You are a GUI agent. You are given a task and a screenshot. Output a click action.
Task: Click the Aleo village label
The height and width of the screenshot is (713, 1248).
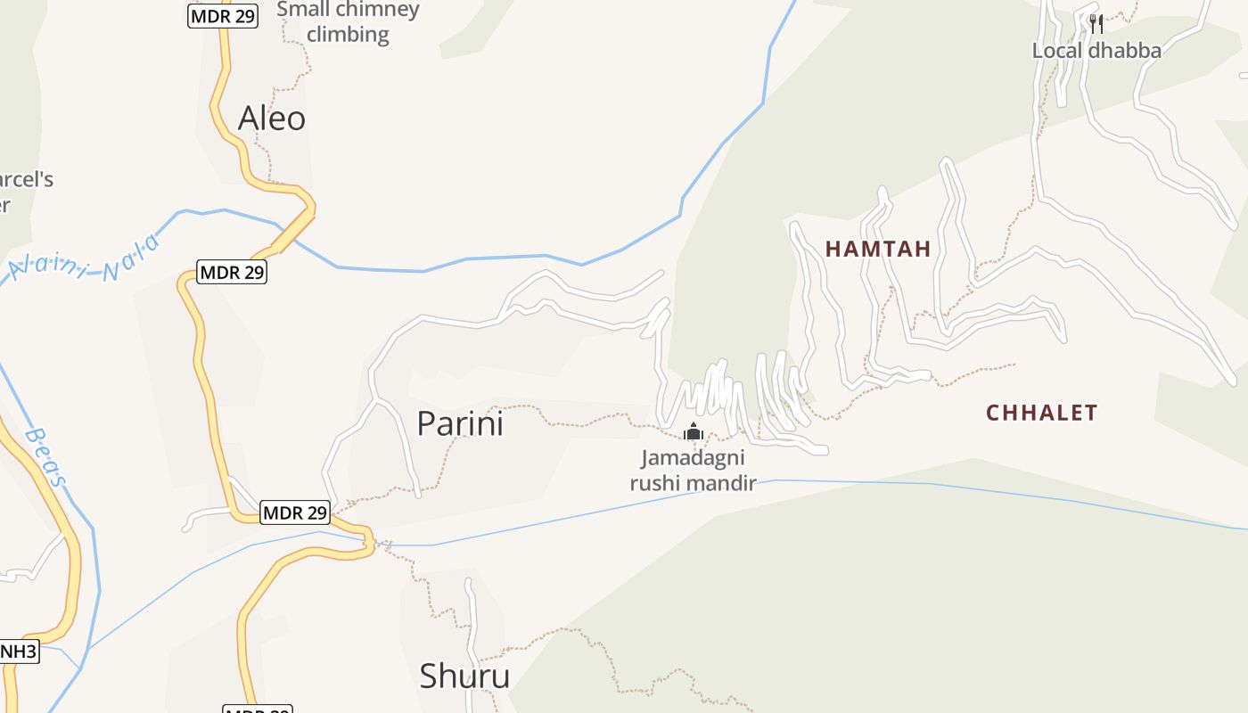tap(272, 119)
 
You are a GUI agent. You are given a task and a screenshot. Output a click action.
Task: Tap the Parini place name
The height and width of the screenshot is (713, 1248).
tap(460, 423)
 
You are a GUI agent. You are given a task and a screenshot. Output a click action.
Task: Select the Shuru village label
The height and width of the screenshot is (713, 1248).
tap(464, 676)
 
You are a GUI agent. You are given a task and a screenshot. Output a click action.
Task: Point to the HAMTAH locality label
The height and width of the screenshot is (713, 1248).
tap(878, 250)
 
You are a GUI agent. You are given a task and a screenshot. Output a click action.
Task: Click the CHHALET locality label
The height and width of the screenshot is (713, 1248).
tap(1041, 413)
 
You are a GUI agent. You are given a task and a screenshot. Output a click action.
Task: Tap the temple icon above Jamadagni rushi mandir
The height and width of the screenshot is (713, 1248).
tap(694, 432)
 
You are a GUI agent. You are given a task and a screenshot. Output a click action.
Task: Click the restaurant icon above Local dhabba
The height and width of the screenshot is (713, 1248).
tap(1096, 23)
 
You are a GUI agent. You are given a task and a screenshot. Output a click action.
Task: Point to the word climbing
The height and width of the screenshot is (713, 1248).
tap(349, 35)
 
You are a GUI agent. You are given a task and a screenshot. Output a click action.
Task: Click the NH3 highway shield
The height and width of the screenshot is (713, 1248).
tap(18, 652)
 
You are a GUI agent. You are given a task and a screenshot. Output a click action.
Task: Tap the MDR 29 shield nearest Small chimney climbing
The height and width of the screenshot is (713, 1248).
tap(223, 16)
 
